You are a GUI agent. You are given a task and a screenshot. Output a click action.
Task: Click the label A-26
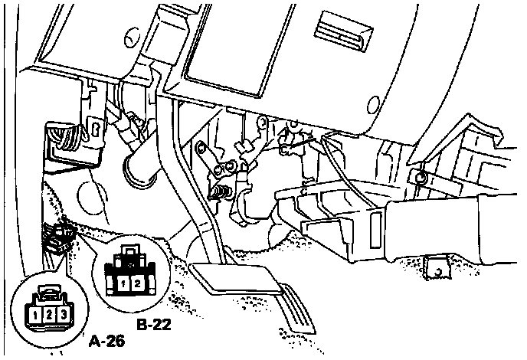click(105, 339)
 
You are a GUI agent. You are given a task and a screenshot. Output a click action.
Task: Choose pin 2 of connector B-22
click(136, 284)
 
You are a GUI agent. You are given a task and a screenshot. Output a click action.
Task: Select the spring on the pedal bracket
click(223, 189)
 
